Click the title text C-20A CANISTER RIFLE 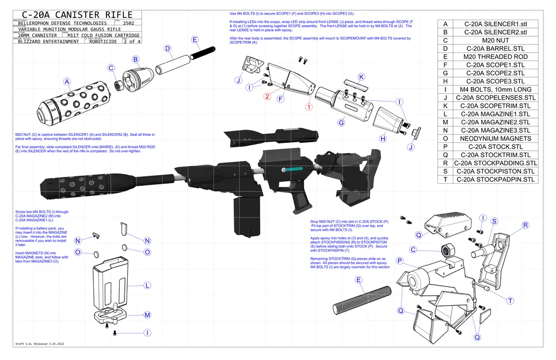[73, 14]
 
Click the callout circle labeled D [167, 49]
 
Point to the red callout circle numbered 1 [309, 107]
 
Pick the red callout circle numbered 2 [267, 96]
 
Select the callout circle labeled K [361, 77]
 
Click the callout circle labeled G [341, 123]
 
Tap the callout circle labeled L [147, 285]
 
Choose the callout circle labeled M [147, 315]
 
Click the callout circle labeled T [510, 301]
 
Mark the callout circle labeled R [525, 225]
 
